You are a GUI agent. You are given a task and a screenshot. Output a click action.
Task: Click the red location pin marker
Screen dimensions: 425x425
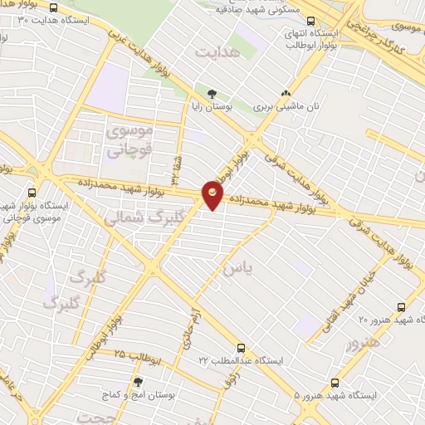[212, 193]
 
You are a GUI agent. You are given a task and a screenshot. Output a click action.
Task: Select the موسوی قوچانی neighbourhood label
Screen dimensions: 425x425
[128, 140]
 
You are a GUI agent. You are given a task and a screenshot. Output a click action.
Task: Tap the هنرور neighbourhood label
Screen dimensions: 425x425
[363, 343]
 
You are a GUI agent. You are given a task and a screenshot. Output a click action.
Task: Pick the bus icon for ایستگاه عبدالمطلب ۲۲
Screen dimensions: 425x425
[241, 348]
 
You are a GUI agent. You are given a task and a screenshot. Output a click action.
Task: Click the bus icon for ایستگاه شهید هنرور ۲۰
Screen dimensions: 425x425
[402, 305]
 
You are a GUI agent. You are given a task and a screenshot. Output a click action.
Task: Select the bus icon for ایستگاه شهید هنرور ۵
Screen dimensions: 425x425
[335, 383]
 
